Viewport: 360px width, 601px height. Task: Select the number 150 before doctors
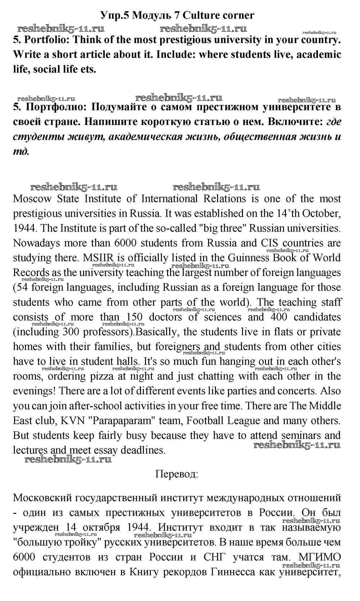pos(135,317)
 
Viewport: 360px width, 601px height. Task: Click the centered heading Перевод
pos(176,474)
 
